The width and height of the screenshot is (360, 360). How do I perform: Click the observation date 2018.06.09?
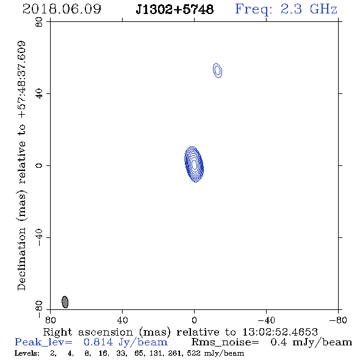point(62,9)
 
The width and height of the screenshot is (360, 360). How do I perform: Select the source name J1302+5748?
point(175,10)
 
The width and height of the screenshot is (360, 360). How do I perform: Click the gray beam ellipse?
point(65,302)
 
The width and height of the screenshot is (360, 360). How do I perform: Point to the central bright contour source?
point(194,164)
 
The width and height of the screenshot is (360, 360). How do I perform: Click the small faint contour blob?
point(217,71)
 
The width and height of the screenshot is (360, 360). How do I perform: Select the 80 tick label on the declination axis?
point(39,22)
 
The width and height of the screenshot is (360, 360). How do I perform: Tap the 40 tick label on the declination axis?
point(39,94)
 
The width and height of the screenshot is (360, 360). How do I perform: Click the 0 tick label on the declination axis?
point(39,165)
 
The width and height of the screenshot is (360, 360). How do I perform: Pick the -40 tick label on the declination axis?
point(39,237)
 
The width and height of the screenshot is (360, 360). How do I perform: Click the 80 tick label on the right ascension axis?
point(50,320)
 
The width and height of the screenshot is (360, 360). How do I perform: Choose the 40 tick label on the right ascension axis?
point(122,320)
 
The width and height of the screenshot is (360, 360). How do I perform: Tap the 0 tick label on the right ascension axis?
point(194,320)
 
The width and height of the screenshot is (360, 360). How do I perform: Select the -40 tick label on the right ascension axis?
point(266,320)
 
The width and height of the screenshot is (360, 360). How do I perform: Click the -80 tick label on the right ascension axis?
point(338,320)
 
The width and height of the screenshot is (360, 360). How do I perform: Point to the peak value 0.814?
point(98,342)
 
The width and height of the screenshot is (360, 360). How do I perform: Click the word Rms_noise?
point(225,342)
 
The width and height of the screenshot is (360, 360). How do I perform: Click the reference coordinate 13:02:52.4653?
point(280,332)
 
